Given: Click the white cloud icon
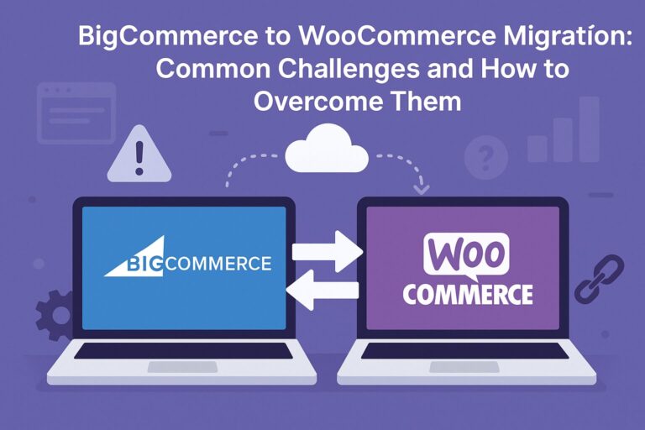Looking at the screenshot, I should (x=326, y=151).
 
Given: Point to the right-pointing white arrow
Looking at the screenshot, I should (x=327, y=251).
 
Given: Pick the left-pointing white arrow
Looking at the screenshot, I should (x=323, y=291).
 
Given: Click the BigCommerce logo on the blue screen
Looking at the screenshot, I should (x=188, y=262).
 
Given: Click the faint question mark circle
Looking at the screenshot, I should (x=486, y=156).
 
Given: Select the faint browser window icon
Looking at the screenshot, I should (x=76, y=110).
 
